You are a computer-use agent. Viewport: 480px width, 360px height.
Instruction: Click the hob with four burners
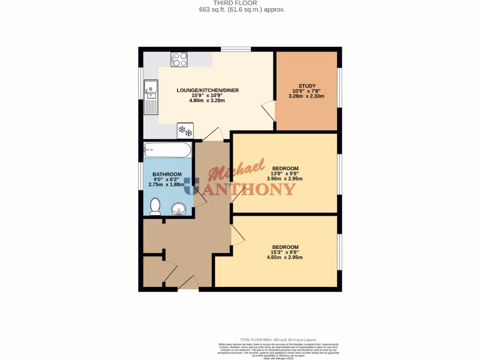(x=179, y=60)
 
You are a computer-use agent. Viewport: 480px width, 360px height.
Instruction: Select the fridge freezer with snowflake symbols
(x=185, y=131)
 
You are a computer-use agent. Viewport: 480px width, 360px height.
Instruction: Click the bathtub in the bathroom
(x=168, y=150)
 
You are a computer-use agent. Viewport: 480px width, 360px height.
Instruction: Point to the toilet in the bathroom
(x=155, y=207)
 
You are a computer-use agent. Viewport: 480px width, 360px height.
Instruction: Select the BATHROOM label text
(x=167, y=174)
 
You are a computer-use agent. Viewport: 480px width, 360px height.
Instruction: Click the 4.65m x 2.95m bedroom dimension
(x=285, y=257)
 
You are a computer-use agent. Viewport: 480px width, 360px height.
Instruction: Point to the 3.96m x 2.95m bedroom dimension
(x=285, y=179)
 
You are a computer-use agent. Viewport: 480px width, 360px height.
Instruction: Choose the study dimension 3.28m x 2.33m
(x=306, y=96)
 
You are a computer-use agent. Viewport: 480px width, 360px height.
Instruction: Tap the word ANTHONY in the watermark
(x=250, y=189)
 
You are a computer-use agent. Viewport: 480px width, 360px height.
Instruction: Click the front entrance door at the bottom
(x=188, y=283)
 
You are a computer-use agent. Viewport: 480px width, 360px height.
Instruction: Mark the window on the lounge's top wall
(x=235, y=49)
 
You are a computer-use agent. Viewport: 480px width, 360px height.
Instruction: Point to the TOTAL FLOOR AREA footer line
(x=278, y=339)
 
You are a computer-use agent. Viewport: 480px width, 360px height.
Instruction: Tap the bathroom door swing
(x=199, y=199)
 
